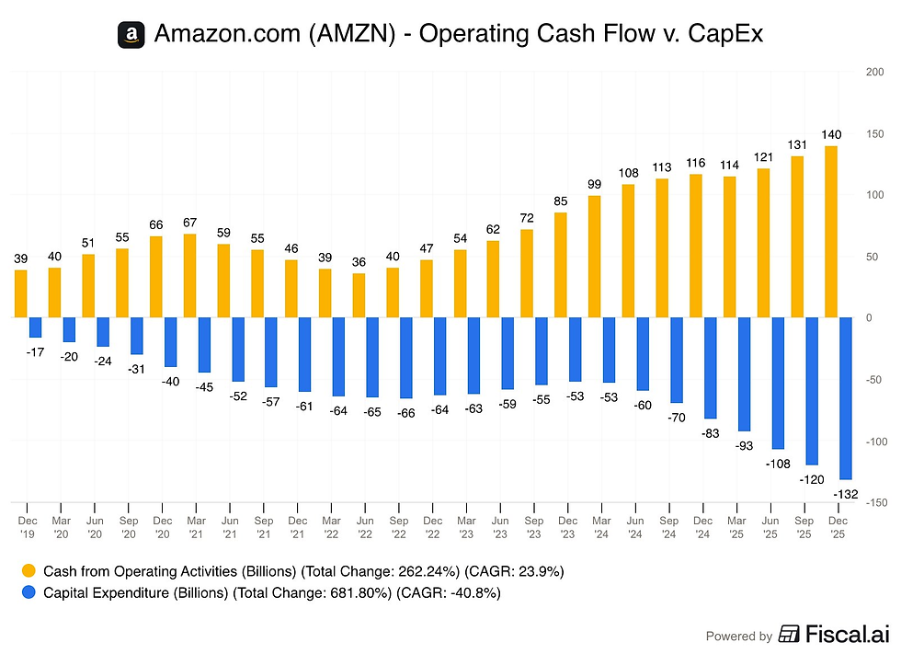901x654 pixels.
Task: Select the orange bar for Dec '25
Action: coord(831,232)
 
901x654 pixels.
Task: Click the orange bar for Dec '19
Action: coord(21,293)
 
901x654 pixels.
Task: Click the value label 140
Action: coord(831,133)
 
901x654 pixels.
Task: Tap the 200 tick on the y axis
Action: coord(875,72)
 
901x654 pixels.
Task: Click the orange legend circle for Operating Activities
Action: coord(29,571)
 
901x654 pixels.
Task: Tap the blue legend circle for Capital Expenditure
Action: coord(29,593)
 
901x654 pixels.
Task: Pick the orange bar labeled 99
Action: coord(595,257)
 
